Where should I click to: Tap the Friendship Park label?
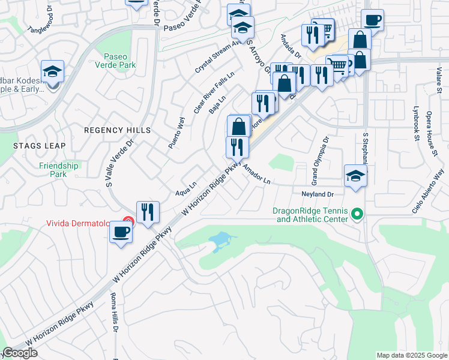[58, 170]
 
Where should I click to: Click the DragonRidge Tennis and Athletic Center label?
[310, 215]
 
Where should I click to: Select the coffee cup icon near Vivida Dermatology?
[121, 233]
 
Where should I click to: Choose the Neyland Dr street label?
[316, 194]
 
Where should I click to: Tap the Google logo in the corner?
[20, 353]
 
